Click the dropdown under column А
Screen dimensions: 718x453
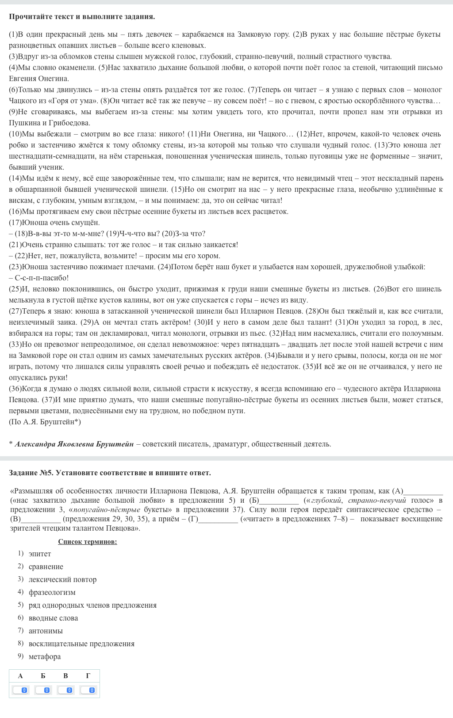tap(20, 690)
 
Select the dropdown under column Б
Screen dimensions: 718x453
tap(43, 690)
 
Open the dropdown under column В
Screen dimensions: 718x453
tap(65, 690)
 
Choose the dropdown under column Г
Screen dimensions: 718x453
tap(88, 690)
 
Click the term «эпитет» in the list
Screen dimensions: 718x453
tap(40, 554)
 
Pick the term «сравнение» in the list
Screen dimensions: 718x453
tap(46, 567)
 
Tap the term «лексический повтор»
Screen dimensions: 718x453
tap(62, 579)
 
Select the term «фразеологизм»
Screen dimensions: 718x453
tap(52, 592)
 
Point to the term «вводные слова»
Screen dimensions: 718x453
tap(53, 618)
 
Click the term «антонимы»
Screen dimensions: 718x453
tap(46, 631)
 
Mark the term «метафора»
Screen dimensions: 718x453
tap(45, 656)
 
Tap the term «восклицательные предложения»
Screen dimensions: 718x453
tap(81, 644)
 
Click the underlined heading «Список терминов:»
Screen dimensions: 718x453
tap(88, 542)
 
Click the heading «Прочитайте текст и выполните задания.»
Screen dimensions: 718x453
tap(82, 17)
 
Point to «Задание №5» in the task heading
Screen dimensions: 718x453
tap(31, 473)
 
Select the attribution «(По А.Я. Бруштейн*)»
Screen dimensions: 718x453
tap(45, 422)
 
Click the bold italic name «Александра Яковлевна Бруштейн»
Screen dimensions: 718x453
tap(74, 444)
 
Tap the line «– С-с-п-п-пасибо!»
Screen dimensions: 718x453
tap(39, 278)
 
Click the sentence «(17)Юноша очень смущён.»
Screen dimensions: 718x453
tap(54, 222)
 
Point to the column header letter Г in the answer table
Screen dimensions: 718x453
tap(88, 675)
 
